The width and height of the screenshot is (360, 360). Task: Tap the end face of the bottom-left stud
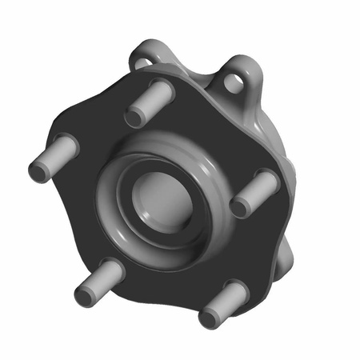86,295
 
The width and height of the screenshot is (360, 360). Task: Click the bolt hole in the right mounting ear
237,80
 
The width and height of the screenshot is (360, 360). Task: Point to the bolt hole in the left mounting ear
142,62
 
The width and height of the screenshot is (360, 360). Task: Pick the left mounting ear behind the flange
148,56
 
